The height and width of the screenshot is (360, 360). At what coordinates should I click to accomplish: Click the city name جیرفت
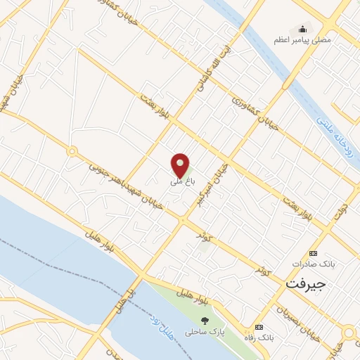tap(307, 284)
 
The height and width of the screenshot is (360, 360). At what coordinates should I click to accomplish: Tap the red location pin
tap(181, 165)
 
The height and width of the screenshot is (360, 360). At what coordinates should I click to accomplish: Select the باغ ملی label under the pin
tap(180, 181)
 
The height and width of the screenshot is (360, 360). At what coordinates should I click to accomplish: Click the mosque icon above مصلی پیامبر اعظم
tap(303, 29)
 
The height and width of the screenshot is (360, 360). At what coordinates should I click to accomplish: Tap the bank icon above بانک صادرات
tap(313, 253)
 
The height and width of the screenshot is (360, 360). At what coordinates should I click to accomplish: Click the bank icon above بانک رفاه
tap(259, 328)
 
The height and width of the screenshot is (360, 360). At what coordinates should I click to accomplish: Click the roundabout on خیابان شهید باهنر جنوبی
tap(71, 151)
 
